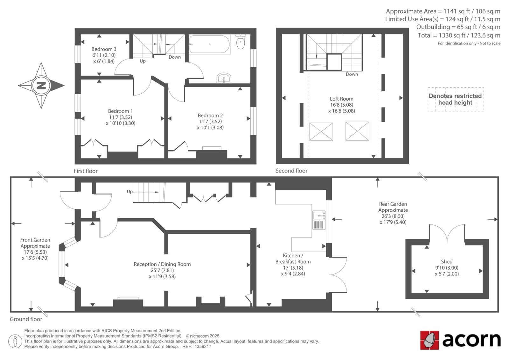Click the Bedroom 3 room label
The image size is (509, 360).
click(104, 49)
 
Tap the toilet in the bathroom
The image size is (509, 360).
click(241, 41)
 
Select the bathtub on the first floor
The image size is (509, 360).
click(210, 44)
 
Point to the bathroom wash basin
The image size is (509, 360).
click(224, 78)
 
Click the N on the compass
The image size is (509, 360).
click(41, 86)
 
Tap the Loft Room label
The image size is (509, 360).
click(342, 99)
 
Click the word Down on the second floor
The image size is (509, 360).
click(352, 74)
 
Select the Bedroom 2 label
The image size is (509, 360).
click(210, 115)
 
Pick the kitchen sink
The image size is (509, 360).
click(319, 220)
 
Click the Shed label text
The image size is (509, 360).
click(447, 262)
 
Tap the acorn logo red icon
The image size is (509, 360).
click(429, 340)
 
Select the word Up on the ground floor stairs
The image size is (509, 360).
click(129, 192)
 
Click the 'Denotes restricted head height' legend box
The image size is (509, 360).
click(455, 99)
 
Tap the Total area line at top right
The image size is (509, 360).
click(459, 35)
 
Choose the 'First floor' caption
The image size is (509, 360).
click(86, 171)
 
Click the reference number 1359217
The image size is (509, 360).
click(203, 347)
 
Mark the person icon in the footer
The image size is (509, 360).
click(15, 341)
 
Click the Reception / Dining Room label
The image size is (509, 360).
click(162, 264)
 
